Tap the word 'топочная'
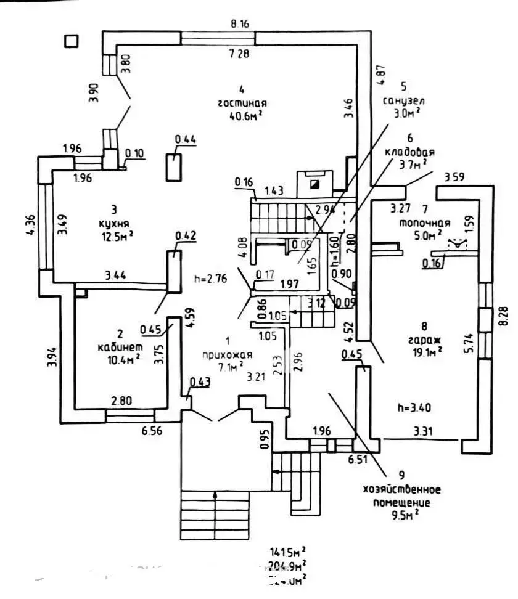(424, 223)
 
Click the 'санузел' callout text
(405, 100)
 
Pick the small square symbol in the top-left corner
(72, 41)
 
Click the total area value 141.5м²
(289, 551)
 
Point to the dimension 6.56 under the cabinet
(152, 432)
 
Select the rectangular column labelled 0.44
(175, 166)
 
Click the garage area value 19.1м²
(428, 352)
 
